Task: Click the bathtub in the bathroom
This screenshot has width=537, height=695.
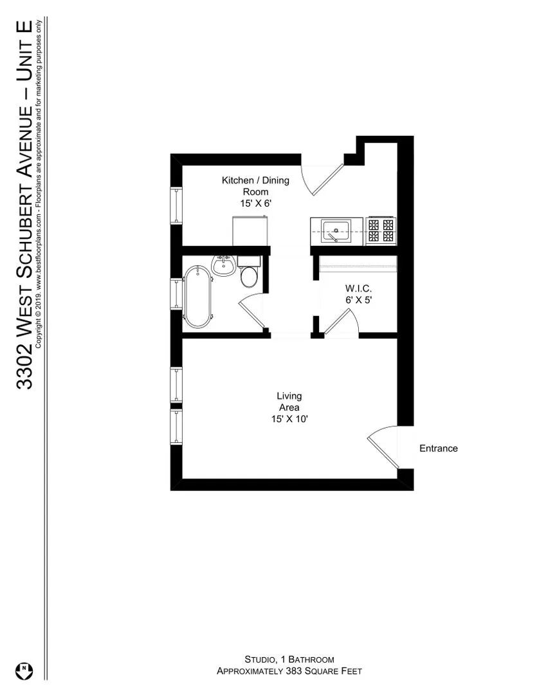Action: click(x=196, y=298)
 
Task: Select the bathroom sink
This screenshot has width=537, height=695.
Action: click(x=224, y=265)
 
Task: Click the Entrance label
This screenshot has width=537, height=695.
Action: click(x=439, y=449)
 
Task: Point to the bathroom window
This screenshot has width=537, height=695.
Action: click(x=176, y=293)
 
